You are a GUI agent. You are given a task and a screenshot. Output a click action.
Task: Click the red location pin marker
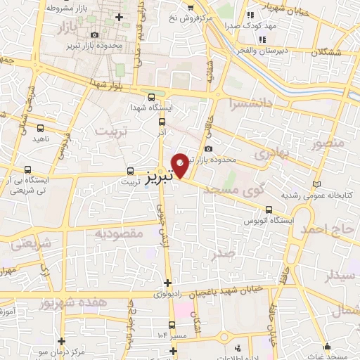click(181, 165)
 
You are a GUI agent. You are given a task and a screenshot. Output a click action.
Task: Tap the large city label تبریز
click(161, 176)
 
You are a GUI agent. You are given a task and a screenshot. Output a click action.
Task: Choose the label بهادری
click(272, 154)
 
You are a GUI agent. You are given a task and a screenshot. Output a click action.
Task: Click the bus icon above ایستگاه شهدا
click(151, 97)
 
